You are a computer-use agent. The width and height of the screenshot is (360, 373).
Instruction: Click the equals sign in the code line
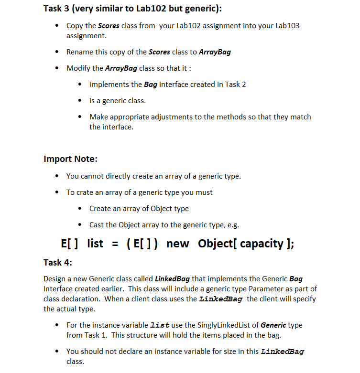point(115,244)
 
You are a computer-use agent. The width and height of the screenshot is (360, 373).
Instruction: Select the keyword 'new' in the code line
point(177,244)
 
